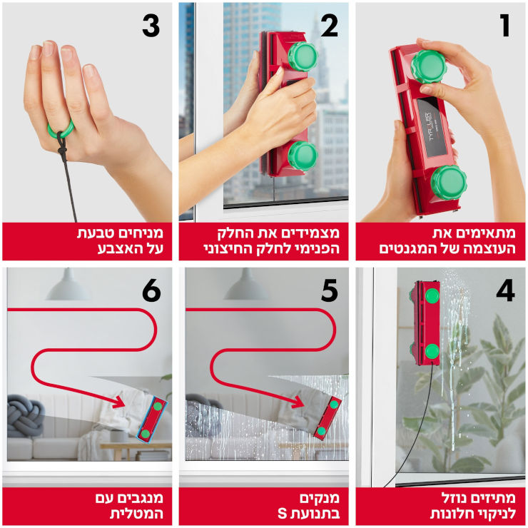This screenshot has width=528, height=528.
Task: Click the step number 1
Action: pyautogui.click(x=504, y=26)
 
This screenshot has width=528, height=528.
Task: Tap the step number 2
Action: pyautogui.click(x=330, y=26)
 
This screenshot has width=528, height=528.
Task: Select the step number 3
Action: pyautogui.click(x=151, y=26)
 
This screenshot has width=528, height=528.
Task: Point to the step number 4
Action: pyautogui.click(x=505, y=290)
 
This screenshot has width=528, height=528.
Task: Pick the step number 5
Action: pyautogui.click(x=330, y=290)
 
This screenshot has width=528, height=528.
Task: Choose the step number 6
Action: pyautogui.click(x=151, y=290)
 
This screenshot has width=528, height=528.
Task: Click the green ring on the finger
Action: pyautogui.click(x=61, y=129)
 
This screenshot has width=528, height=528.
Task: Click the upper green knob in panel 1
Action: pyautogui.click(x=428, y=66)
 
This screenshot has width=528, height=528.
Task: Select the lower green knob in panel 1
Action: pyautogui.click(x=448, y=183)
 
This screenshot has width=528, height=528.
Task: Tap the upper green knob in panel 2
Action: pyautogui.click(x=303, y=56)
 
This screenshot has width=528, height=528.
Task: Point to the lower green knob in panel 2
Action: pyautogui.click(x=303, y=156)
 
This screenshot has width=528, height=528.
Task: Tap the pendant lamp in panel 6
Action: pyautogui.click(x=68, y=285)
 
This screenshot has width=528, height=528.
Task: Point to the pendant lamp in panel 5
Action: pyautogui.click(x=246, y=285)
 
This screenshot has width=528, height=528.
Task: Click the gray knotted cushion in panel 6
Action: pyautogui.click(x=25, y=416)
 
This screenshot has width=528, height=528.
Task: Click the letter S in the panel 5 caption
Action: pyautogui.click(x=282, y=514)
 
